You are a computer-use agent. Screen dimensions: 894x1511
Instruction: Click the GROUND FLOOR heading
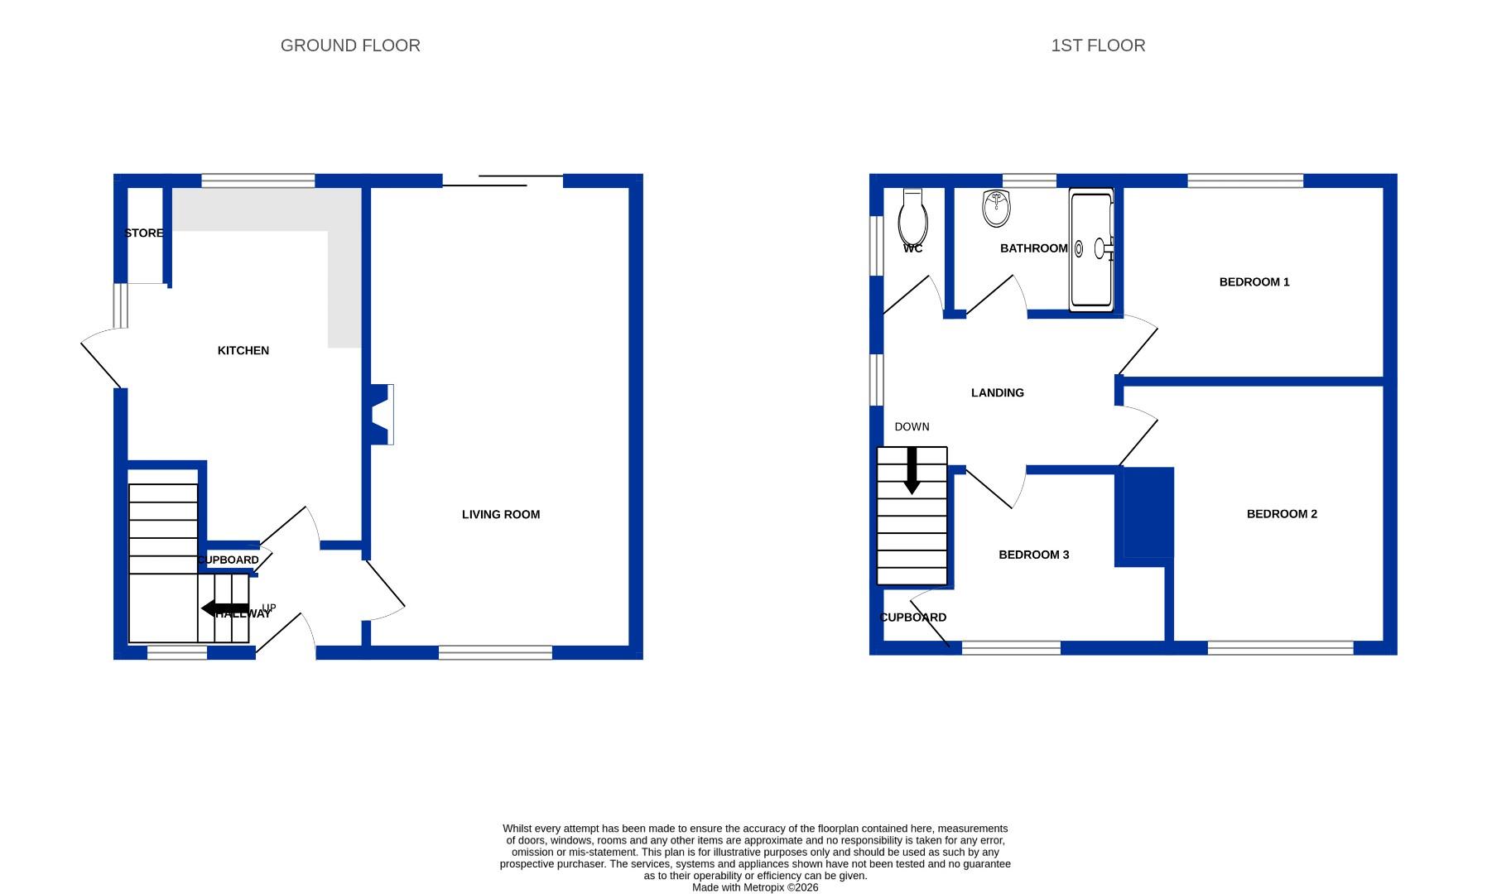pyautogui.click(x=350, y=46)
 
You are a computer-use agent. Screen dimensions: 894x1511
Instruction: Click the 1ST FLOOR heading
pyautogui.click(x=1098, y=46)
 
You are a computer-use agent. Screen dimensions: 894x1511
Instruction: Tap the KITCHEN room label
pyautogui.click(x=243, y=351)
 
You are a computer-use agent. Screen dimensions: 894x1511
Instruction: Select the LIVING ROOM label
pyautogui.click(x=500, y=515)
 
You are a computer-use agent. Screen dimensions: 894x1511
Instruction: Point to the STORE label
pyautogui.click(x=143, y=233)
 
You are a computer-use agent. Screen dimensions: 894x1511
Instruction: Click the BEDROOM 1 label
pyautogui.click(x=1254, y=282)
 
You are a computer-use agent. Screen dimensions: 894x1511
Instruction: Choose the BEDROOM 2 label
pyautogui.click(x=1281, y=514)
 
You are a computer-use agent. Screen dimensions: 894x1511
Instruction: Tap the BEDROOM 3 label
pyautogui.click(x=1033, y=555)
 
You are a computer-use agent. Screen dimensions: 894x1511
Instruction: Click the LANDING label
pyautogui.click(x=997, y=393)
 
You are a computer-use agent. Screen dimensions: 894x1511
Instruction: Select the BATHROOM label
pyautogui.click(x=1033, y=248)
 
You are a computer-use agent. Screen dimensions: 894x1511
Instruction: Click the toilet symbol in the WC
pyautogui.click(x=912, y=217)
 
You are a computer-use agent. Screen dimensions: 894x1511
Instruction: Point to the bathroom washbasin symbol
pyautogui.click(x=996, y=208)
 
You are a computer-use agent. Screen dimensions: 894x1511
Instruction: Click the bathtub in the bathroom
pyautogui.click(x=1091, y=249)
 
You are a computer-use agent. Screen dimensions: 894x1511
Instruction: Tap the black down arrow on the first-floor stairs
pyautogui.click(x=912, y=470)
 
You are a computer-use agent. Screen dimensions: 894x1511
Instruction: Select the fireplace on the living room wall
pyautogui.click(x=383, y=414)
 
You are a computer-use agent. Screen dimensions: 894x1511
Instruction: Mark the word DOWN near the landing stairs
pyautogui.click(x=912, y=427)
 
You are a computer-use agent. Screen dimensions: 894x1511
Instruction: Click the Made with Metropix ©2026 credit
pyautogui.click(x=754, y=887)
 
